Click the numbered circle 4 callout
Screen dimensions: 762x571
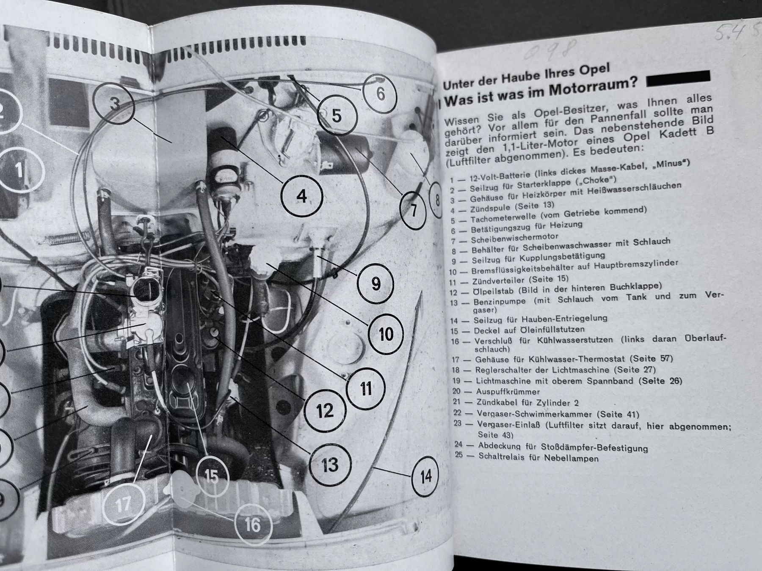tap(301, 197)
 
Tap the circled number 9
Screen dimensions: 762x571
tap(375, 283)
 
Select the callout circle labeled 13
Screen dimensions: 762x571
tap(330, 465)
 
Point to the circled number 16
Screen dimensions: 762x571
tap(253, 525)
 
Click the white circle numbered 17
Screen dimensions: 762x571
tap(123, 504)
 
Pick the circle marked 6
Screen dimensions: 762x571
tap(380, 94)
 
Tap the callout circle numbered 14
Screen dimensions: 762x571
tap(425, 477)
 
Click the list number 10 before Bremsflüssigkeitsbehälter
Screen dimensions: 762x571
tap(453, 272)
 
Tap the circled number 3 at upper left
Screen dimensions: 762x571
tap(114, 105)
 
